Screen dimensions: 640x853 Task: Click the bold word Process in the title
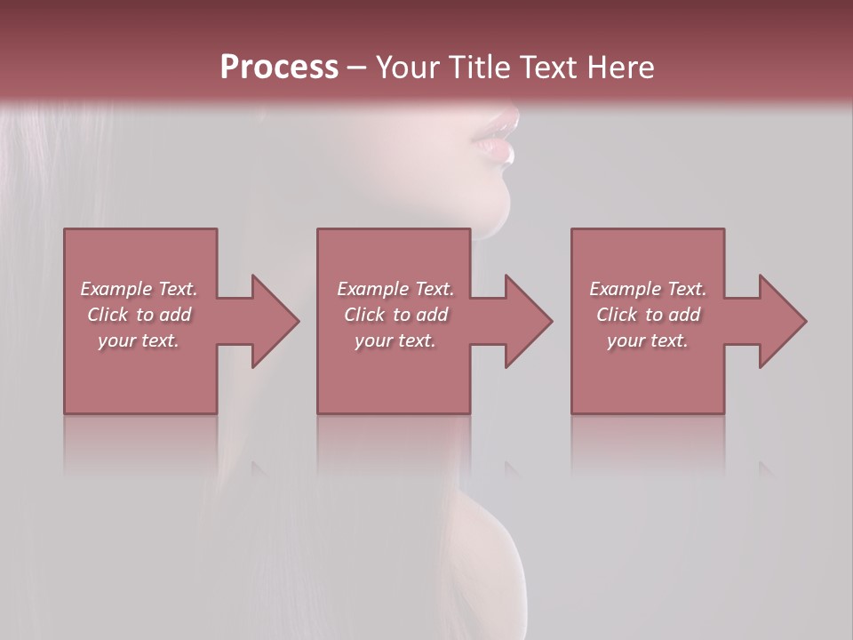[x=279, y=68]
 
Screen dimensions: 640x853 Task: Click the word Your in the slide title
[x=408, y=68]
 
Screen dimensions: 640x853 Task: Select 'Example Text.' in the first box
[x=139, y=289]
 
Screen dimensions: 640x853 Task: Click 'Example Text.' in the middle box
[x=395, y=289]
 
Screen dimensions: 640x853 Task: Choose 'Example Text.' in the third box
[x=648, y=289]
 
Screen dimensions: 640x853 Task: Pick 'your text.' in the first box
[x=139, y=340]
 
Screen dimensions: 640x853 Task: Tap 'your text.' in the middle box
[x=395, y=340]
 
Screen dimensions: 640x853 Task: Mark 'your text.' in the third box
[x=648, y=340]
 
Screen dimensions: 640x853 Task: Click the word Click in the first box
[x=108, y=315]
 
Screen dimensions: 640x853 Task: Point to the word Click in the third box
[x=618, y=315]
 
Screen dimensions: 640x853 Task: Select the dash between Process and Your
[x=357, y=68]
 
